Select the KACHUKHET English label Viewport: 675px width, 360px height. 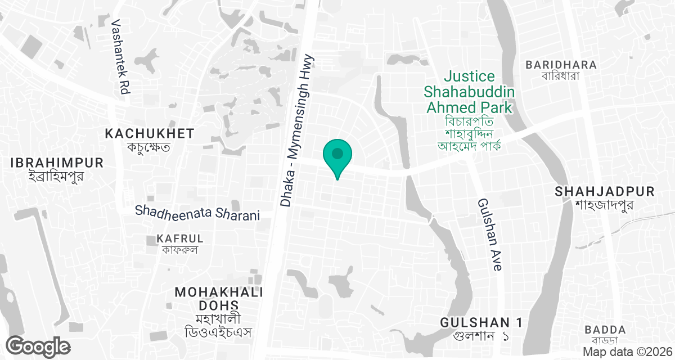pos(150,134)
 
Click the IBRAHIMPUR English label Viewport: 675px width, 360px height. pos(57,163)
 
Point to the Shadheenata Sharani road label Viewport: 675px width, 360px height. pos(197,214)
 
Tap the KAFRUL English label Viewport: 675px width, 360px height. pos(177,239)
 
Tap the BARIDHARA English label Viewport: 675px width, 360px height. pos(561,65)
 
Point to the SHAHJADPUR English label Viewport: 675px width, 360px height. pos(605,192)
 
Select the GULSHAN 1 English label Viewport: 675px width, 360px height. pos(481,322)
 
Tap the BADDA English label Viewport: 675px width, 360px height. pos(605,330)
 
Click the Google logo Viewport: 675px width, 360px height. pos(38,346)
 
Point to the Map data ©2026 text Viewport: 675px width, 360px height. pos(627,352)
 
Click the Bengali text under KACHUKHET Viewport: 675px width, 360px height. pos(149,147)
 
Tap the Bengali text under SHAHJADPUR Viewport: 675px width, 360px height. pos(605,205)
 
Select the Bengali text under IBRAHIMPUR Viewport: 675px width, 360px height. pos(56,176)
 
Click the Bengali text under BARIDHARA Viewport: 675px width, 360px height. pos(560,76)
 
